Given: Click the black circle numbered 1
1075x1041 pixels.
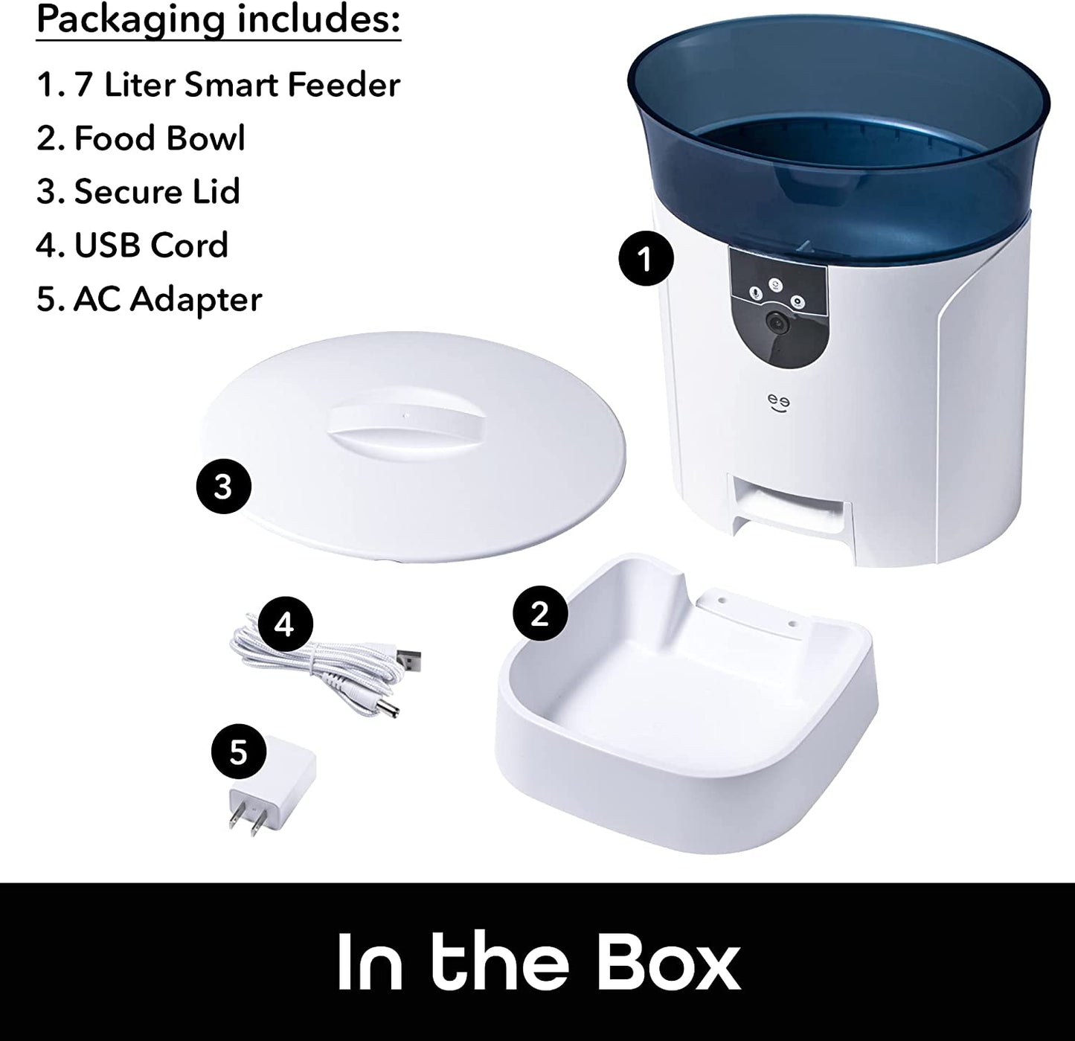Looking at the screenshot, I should pos(646,259).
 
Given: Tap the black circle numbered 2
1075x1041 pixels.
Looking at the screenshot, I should pos(540,613).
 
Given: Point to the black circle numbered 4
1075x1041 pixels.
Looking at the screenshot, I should pos(283,625).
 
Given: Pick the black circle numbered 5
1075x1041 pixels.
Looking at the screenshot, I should pos(238,752).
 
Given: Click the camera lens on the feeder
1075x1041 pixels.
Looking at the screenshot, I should pos(777,322).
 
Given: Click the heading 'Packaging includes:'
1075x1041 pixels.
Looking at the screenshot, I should pos(219,20).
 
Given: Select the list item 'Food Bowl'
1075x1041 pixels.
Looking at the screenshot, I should pos(159,138).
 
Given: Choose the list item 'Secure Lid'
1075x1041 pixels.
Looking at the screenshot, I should pos(157,192).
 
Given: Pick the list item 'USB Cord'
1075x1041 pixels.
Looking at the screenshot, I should pos(151,246).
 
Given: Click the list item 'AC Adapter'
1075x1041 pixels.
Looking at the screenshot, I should pos(167,299).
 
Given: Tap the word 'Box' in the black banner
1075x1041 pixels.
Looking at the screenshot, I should pos(666,960).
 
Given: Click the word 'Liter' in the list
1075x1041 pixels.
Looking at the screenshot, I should pos(139,85).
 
